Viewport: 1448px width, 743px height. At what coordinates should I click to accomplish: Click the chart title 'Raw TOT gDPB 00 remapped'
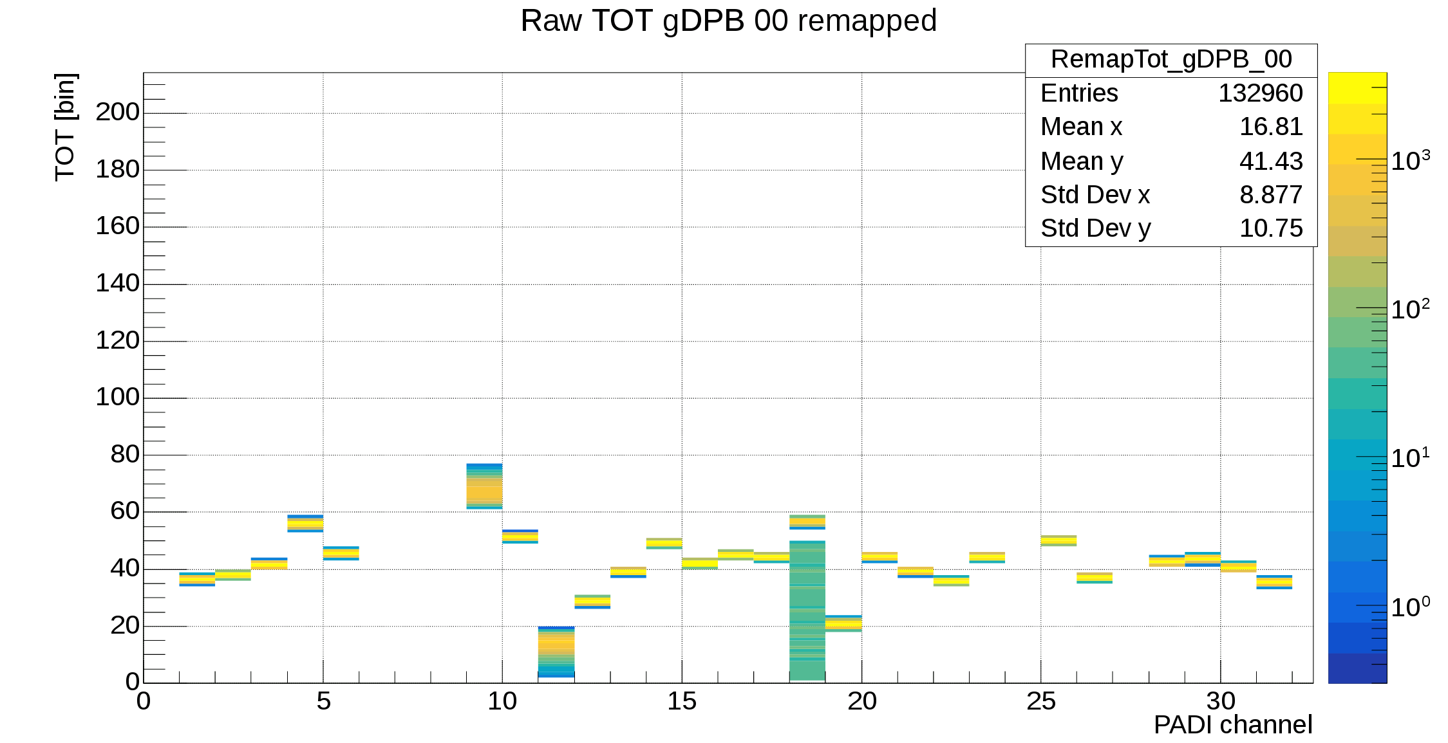pyautogui.click(x=728, y=21)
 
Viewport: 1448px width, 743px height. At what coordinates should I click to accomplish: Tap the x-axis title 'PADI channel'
pyautogui.click(x=1232, y=725)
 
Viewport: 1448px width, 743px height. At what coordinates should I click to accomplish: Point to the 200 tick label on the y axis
pyautogui.click(x=117, y=112)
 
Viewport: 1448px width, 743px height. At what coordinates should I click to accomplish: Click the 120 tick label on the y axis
pyautogui.click(x=117, y=340)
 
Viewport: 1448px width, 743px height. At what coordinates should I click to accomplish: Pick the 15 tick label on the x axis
pyautogui.click(x=682, y=702)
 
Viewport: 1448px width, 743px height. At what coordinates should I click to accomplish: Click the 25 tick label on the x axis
pyautogui.click(x=1041, y=702)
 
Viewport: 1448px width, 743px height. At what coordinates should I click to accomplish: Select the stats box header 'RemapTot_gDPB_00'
pyautogui.click(x=1171, y=59)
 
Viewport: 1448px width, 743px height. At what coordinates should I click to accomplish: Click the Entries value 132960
pyautogui.click(x=1260, y=93)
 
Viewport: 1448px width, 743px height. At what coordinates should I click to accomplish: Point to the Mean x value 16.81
pyautogui.click(x=1270, y=127)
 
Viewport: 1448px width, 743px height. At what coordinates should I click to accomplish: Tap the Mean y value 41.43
pyautogui.click(x=1270, y=161)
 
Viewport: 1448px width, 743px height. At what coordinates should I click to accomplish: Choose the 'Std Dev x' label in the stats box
pyautogui.click(x=1095, y=195)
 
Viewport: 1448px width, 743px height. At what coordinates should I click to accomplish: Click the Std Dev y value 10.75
pyautogui.click(x=1270, y=228)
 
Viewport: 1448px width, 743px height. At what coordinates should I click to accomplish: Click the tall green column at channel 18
pyautogui.click(x=807, y=611)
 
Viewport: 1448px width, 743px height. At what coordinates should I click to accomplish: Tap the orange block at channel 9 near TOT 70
pyautogui.click(x=484, y=492)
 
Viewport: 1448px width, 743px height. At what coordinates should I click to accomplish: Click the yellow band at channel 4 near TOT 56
pyautogui.click(x=305, y=524)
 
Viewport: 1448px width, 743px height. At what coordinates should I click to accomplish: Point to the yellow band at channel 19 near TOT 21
pyautogui.click(x=843, y=623)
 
